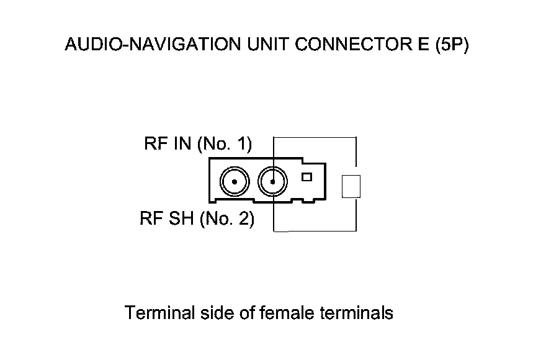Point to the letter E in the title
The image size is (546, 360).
[407, 45]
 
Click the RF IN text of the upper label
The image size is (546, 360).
[168, 145]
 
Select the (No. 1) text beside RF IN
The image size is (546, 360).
[224, 145]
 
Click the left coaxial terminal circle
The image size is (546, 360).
[235, 182]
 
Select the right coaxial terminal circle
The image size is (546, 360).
[274, 182]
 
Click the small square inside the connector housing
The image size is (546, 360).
[306, 177]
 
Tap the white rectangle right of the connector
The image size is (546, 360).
[351, 186]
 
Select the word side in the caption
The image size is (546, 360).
[216, 312]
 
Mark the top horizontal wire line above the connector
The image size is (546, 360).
[315, 137]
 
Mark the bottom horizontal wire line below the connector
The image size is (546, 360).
[315, 231]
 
